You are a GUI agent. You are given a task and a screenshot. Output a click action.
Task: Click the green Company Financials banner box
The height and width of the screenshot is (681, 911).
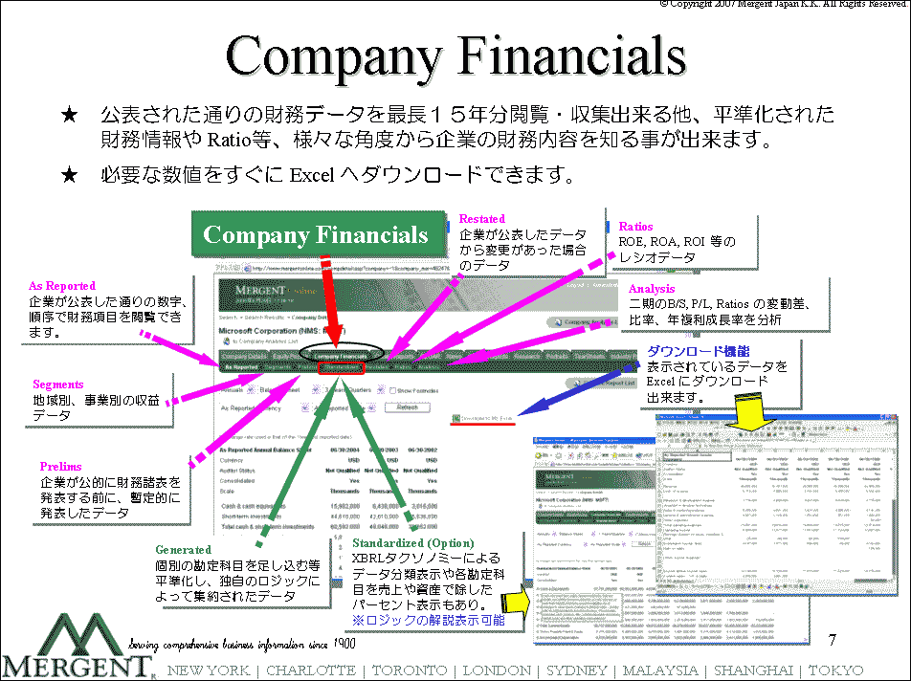(316, 235)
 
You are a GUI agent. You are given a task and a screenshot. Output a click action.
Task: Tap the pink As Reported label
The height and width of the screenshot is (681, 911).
(62, 286)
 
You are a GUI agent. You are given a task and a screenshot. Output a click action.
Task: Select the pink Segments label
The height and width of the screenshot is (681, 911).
(58, 384)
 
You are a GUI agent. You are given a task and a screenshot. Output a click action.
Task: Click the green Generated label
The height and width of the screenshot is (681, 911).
(183, 550)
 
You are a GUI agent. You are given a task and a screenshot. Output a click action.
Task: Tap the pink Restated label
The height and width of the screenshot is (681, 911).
(482, 219)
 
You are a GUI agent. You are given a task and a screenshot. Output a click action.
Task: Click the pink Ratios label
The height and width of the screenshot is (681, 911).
(636, 227)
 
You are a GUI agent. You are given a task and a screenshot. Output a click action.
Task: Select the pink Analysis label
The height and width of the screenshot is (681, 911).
(652, 289)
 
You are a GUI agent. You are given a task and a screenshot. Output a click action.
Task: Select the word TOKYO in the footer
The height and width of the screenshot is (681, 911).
(835, 670)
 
